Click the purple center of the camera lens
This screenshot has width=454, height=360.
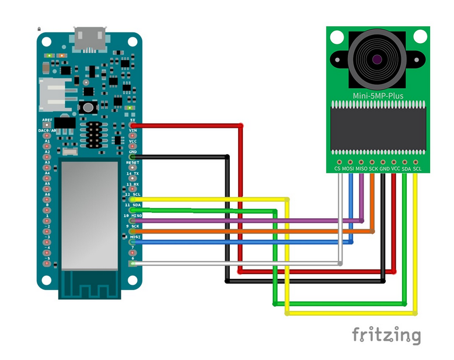click(378, 58)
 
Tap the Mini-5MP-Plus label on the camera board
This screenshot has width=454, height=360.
click(378, 96)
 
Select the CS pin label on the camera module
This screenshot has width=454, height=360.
click(337, 169)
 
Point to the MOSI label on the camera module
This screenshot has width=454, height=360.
click(348, 169)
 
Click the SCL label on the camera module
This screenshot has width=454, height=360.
click(417, 169)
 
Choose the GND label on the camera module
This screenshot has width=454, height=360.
click(384, 169)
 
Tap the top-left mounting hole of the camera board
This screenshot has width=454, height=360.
click(337, 37)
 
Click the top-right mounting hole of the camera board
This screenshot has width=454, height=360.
click(419, 37)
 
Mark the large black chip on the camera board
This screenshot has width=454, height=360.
click(378, 128)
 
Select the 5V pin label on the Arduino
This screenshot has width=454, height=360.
click(133, 120)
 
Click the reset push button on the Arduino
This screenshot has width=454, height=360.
click(88, 107)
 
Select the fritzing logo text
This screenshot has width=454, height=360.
click(386, 335)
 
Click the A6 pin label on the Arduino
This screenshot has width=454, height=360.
click(48, 194)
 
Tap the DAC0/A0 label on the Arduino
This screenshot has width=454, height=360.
click(47, 131)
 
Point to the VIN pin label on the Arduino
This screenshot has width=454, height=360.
click(132, 131)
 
